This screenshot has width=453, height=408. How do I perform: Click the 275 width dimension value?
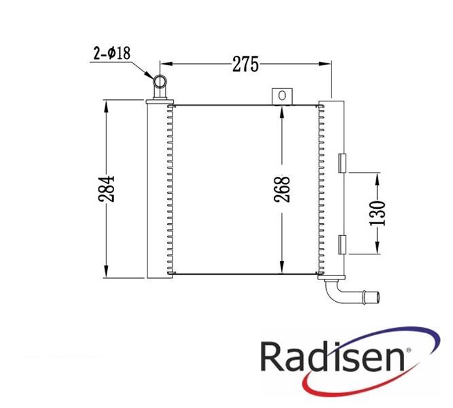point(246,64)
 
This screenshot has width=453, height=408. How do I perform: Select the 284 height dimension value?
point(107,188)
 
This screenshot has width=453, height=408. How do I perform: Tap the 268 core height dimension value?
point(282,189)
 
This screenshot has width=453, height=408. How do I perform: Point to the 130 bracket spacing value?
point(378,213)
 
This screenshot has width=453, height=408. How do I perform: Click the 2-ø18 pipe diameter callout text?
point(112,53)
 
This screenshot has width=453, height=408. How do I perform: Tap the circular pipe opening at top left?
point(160,82)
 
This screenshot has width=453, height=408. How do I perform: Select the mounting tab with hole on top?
point(282,97)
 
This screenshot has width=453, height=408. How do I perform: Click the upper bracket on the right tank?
point(342,163)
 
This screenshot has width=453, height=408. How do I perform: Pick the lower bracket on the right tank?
point(342,245)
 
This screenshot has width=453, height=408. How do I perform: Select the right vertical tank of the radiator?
point(331,190)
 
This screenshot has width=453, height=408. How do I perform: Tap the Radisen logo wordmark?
point(332,356)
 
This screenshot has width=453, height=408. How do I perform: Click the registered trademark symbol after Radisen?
point(408,350)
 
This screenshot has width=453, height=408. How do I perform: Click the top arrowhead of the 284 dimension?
point(107,107)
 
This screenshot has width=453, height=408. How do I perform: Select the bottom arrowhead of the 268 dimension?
point(282,267)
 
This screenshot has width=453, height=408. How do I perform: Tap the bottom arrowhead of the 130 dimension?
point(378,248)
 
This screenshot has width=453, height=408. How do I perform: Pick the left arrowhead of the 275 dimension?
point(167,64)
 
